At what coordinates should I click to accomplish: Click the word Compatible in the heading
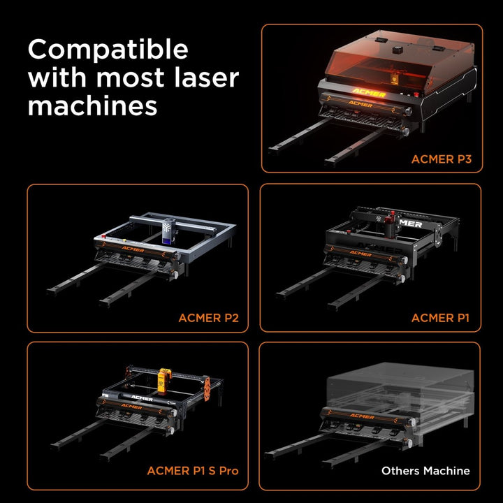pyautogui.click(x=108, y=50)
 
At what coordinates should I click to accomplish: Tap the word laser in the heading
pyautogui.click(x=207, y=78)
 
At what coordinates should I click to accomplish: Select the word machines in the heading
pyautogui.click(x=93, y=106)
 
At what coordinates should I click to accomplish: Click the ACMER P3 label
pyautogui.click(x=442, y=159)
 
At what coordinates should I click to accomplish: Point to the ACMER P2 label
pyautogui.click(x=208, y=318)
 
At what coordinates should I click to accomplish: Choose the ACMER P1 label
pyautogui.click(x=440, y=318)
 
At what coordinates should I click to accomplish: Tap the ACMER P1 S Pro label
pyautogui.click(x=193, y=471)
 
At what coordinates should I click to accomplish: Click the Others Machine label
pyautogui.click(x=425, y=471)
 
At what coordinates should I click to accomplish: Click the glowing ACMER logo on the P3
pyautogui.click(x=369, y=93)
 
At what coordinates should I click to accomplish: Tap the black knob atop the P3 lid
pyautogui.click(x=398, y=50)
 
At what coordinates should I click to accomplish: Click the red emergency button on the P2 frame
pyautogui.click(x=104, y=237)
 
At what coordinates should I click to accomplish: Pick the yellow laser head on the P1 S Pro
pyautogui.click(x=164, y=381)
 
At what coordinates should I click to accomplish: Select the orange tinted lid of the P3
pyautogui.click(x=398, y=59)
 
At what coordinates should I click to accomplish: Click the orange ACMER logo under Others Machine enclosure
pyautogui.click(x=362, y=416)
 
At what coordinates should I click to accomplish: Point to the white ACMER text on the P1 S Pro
pyautogui.click(x=142, y=398)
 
